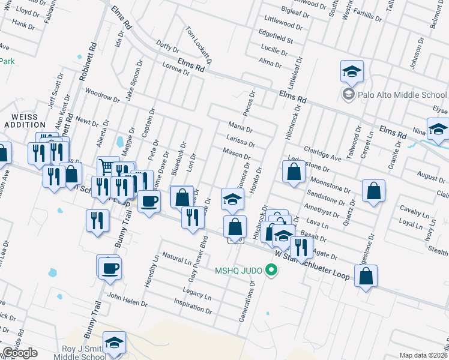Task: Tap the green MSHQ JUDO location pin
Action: click(x=271, y=271)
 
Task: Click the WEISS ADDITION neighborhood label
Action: click(x=21, y=120)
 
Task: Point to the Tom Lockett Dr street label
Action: click(x=199, y=45)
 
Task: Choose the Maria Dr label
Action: click(x=241, y=127)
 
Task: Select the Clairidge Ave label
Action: click(x=322, y=153)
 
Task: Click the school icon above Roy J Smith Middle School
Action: click(x=113, y=341)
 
